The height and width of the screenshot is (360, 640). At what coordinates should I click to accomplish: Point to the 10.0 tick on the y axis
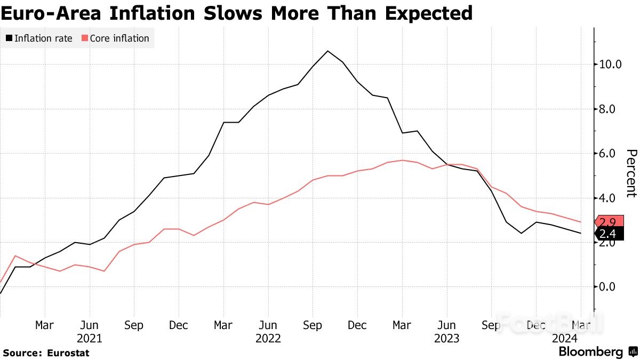click(610, 65)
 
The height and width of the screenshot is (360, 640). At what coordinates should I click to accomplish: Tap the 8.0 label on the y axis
click(610, 109)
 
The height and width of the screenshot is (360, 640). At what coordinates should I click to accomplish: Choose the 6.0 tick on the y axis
click(610, 154)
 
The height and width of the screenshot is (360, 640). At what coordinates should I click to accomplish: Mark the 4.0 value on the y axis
click(610, 198)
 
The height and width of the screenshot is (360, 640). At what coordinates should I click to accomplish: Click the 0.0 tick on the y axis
click(610, 287)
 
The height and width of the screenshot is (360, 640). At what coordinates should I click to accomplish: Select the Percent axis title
click(630, 173)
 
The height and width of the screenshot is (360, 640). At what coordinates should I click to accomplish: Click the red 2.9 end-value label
click(609, 223)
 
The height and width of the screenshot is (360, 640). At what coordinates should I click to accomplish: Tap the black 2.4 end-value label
click(609, 234)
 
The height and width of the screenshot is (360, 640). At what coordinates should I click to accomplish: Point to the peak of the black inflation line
click(327, 51)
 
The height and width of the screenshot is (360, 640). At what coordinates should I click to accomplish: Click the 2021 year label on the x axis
click(90, 338)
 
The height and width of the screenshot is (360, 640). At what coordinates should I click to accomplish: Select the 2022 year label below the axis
click(268, 338)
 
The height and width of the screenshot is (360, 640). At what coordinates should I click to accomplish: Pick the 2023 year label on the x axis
click(447, 338)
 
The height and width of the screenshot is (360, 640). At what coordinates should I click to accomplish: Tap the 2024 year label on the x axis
click(565, 338)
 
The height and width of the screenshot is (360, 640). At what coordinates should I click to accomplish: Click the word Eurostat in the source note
click(68, 353)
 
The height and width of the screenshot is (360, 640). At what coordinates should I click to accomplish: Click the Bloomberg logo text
click(590, 352)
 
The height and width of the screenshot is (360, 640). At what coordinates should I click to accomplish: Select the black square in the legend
click(9, 38)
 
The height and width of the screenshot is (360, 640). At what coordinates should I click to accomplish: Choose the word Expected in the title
click(421, 13)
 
